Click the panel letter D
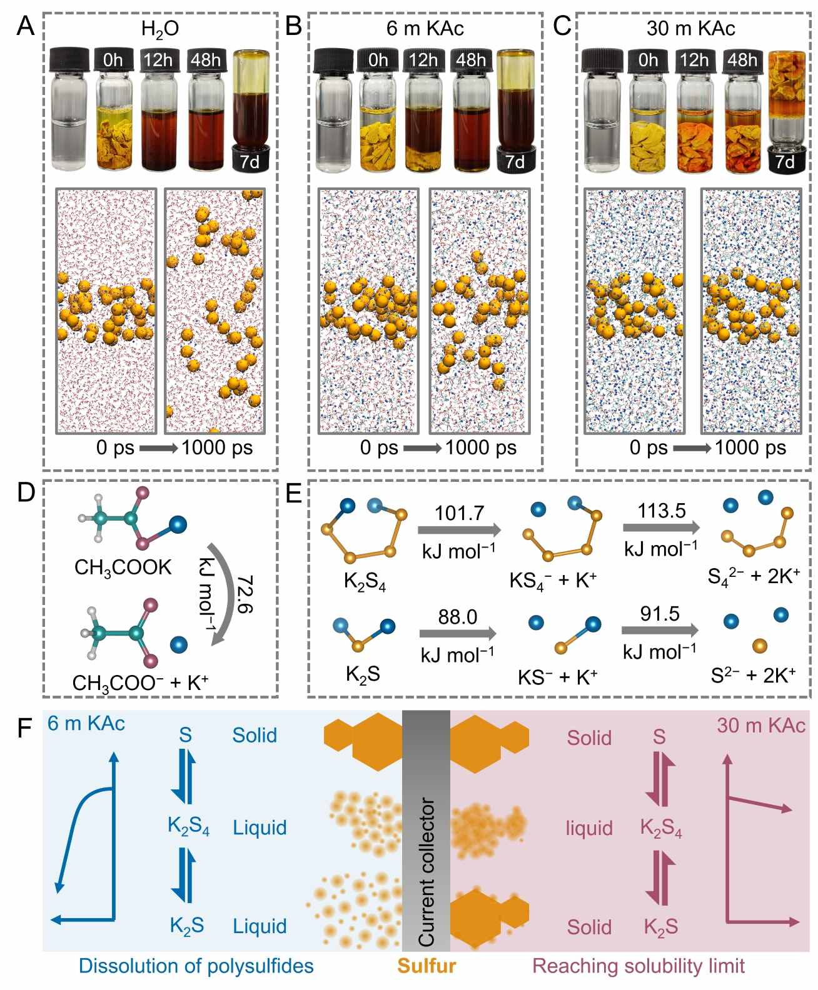[25, 493]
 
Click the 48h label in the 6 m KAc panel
[470, 60]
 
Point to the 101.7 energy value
[460, 513]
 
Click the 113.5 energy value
[662, 511]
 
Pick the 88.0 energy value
[457, 617]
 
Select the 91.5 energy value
[660, 614]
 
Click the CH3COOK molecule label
[123, 567]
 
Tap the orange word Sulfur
[427, 966]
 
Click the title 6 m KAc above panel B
[425, 28]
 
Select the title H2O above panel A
[160, 29]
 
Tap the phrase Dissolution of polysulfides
[196, 966]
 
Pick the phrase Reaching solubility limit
[638, 966]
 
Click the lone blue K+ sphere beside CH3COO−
[179, 644]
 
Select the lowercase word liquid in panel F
[589, 828]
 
